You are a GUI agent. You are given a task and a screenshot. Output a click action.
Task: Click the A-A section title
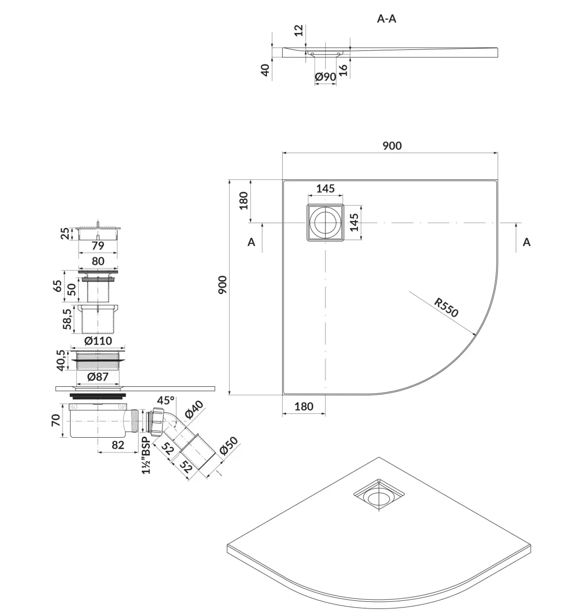coord(386,19)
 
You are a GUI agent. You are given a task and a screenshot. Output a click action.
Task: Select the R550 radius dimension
coord(446,308)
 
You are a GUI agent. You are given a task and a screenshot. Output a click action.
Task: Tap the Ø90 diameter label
coord(325,76)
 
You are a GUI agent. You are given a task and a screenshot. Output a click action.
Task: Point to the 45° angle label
coord(166,400)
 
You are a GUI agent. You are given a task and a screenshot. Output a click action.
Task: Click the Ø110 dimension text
coord(98,341)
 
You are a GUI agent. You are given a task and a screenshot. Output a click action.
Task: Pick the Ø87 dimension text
coord(98,377)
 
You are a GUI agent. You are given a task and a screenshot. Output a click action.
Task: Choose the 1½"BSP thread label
coord(146,455)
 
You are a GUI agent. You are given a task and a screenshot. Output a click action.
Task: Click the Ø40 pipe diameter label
coord(194,410)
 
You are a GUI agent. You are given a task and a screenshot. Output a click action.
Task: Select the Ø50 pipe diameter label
coord(228,445)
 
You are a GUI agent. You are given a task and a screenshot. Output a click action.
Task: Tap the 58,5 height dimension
coord(67,319)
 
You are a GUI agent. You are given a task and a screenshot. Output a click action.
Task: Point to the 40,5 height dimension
coord(61,360)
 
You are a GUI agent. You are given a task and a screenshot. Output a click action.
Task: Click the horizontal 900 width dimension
coord(392,145)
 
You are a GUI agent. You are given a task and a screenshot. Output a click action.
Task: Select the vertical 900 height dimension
coord(223,285)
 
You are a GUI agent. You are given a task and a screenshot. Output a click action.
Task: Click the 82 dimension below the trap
coord(118,445)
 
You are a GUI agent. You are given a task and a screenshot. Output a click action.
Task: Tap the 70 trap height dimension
coord(56,420)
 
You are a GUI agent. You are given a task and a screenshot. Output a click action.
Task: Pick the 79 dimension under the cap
coord(98,246)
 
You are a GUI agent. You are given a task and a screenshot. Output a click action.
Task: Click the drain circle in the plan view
coord(325,223)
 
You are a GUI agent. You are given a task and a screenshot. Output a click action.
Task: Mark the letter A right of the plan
coord(527,242)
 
